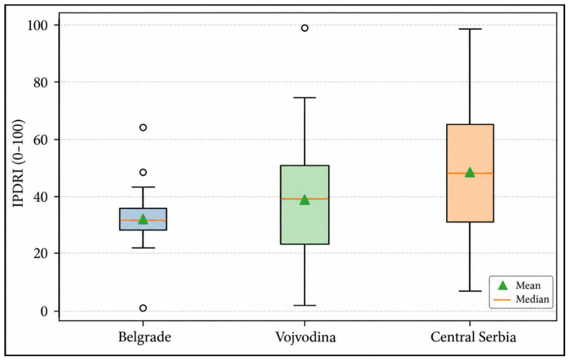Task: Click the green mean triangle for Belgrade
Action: point(143,219)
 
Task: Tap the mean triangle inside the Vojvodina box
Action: point(304,200)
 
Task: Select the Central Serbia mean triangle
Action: point(470,172)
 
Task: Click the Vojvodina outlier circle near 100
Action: point(304,28)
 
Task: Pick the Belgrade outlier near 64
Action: point(143,127)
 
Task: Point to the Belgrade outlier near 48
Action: point(143,173)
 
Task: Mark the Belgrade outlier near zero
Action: point(143,308)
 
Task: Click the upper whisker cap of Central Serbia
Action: point(470,28)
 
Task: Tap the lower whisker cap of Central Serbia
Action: point(470,291)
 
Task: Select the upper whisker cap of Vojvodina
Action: point(304,98)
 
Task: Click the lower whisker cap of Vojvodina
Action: point(304,306)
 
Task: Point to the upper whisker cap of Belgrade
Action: point(143,187)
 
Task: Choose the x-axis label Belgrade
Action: point(145,337)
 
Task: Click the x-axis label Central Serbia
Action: point(473,337)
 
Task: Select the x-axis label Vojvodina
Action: point(305,337)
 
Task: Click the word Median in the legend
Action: point(532,299)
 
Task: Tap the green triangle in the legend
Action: point(503,286)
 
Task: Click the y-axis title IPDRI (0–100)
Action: point(18,163)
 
